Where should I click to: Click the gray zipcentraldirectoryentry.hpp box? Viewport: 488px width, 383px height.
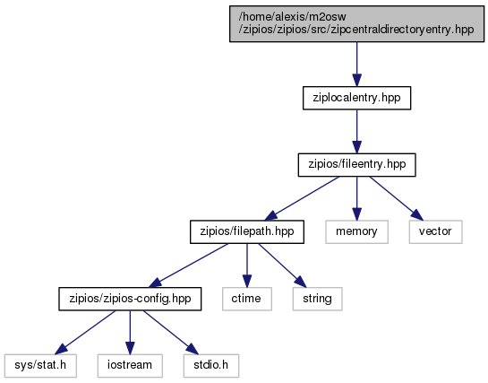point(356,23)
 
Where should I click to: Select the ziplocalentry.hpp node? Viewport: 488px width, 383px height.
point(356,98)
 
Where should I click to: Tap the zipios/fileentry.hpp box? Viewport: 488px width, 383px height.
point(356,165)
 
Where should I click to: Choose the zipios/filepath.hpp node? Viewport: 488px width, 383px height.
point(247,231)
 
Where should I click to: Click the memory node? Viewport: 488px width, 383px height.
point(356,231)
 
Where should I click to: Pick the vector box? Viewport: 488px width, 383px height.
point(435,231)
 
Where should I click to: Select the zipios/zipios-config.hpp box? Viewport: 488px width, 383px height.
point(130,299)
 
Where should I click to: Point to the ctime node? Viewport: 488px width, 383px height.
point(247,299)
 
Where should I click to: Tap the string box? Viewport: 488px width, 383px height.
point(317,299)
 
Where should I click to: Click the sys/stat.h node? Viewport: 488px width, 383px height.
point(40,366)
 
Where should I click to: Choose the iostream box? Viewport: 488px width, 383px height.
point(130,366)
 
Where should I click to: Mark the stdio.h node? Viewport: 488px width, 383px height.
point(211,366)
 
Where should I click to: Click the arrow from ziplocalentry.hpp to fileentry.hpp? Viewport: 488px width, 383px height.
point(356,132)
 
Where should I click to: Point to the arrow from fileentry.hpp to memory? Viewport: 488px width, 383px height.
point(356,198)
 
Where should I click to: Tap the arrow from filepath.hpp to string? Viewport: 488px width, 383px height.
point(282,265)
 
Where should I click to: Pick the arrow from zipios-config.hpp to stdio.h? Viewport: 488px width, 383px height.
point(170,332)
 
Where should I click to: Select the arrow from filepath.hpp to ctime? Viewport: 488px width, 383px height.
point(247,265)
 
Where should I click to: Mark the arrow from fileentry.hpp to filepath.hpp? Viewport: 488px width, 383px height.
point(302,198)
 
